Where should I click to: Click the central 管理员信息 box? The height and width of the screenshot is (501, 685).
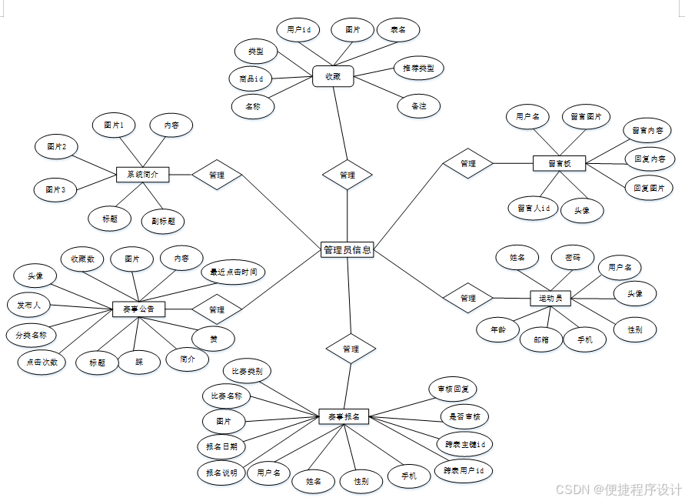(347, 249)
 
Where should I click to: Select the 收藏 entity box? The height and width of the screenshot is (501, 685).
(333, 76)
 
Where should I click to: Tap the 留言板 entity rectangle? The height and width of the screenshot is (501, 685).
(559, 163)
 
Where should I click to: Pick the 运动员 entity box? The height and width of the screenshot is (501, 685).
(550, 298)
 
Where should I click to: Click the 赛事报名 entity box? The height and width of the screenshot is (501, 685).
(344, 416)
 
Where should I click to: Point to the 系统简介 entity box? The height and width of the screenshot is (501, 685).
(142, 175)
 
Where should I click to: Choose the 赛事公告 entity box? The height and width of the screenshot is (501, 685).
(138, 309)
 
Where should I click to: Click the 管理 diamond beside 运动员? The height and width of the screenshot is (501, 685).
(468, 298)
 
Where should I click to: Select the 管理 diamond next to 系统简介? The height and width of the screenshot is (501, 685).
(217, 175)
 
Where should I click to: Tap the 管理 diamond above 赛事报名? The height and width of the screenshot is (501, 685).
(351, 349)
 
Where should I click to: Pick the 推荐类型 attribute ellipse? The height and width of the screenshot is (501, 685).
(418, 68)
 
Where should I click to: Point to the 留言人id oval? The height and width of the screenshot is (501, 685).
(533, 208)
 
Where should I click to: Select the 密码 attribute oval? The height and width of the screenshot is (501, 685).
(573, 257)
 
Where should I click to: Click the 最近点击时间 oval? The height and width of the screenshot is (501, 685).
(234, 272)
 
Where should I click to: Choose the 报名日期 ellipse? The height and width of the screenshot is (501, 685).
(222, 446)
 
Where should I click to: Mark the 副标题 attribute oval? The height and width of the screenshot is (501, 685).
(163, 222)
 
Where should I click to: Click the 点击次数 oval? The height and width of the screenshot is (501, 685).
(42, 362)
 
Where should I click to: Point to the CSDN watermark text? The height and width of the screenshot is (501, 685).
(619, 489)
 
